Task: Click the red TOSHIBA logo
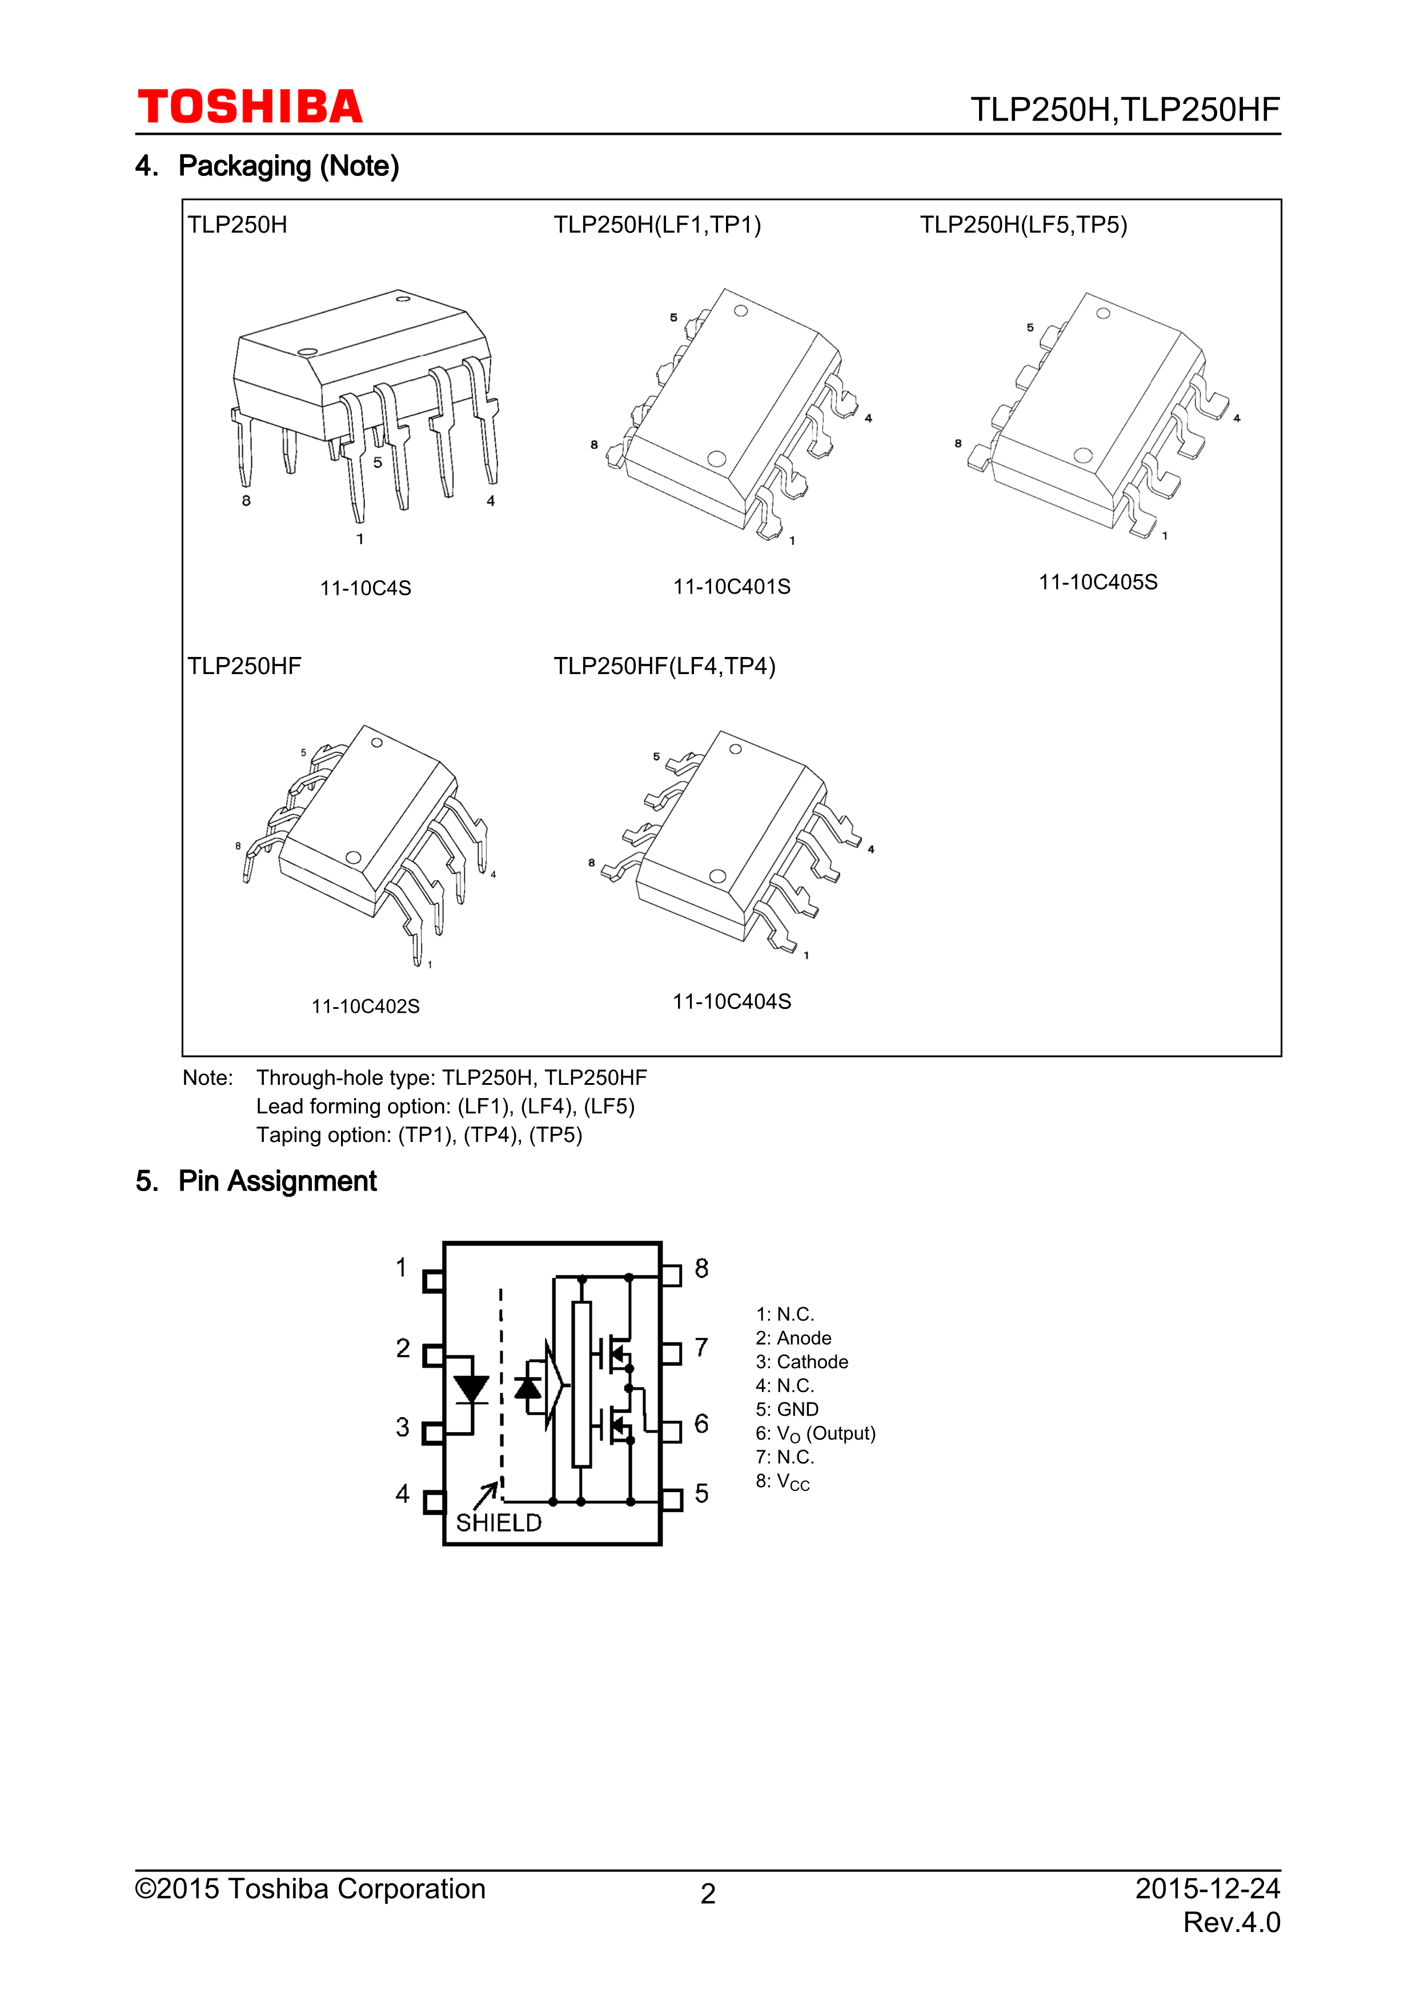[x=250, y=107]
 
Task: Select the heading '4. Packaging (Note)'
[x=267, y=166]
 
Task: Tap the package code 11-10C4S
[x=366, y=588]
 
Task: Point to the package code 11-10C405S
[x=1097, y=582]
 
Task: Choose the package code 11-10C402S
[x=366, y=1007]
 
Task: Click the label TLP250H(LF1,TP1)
[x=657, y=225]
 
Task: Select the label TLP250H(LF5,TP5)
[x=1024, y=225]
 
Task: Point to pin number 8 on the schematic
[x=701, y=1268]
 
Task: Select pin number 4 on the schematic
[x=402, y=1493]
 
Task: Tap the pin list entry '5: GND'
[x=787, y=1410]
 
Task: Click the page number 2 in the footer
[x=708, y=1893]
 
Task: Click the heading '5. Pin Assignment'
[x=256, y=1181]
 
